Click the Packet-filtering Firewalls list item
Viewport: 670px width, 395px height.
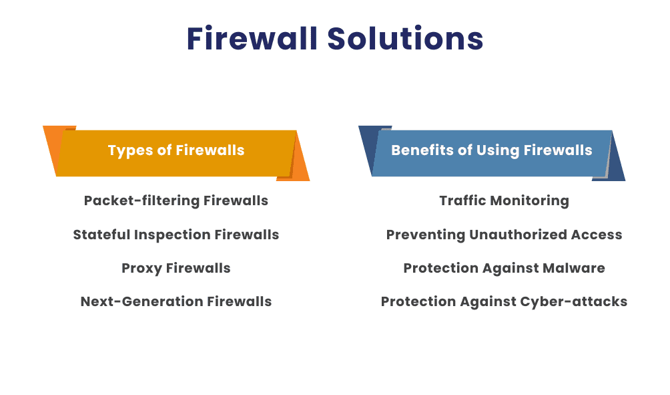point(176,201)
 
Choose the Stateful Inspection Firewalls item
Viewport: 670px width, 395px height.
point(176,235)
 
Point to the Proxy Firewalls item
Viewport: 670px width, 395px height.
point(176,268)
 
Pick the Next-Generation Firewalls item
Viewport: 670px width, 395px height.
point(176,301)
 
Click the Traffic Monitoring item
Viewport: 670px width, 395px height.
point(504,201)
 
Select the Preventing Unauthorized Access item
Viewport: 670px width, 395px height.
point(504,235)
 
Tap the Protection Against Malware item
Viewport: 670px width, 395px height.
point(504,268)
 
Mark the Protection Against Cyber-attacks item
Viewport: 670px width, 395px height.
point(504,301)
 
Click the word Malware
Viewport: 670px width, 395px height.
point(573,268)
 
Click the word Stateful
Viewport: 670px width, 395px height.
point(101,235)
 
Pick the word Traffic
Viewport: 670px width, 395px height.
point(462,201)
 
